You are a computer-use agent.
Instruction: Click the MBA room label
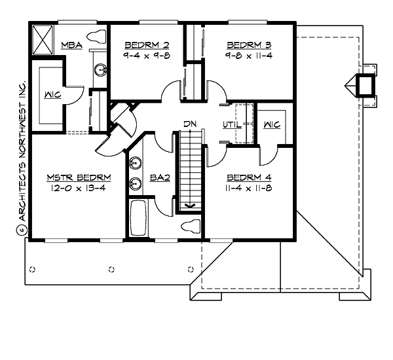pyautogui.click(x=71, y=45)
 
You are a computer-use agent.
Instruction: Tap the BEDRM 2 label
pyautogui.click(x=147, y=45)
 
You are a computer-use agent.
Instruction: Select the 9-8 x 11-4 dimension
pyautogui.click(x=248, y=56)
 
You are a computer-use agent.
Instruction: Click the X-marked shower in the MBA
pyautogui.click(x=45, y=40)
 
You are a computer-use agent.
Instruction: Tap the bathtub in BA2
pyautogui.click(x=138, y=218)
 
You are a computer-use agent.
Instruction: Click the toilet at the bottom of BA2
pyautogui.click(x=189, y=227)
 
